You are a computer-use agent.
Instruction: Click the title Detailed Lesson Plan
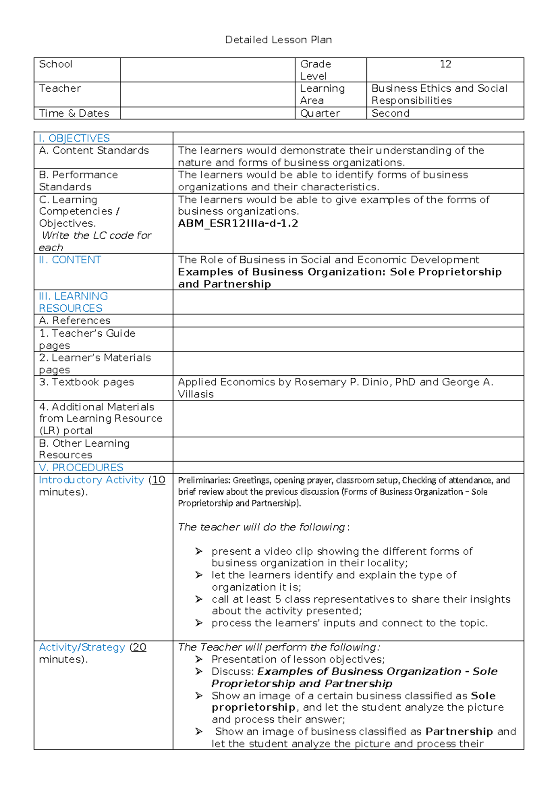click(278, 40)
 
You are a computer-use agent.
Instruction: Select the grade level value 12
click(445, 64)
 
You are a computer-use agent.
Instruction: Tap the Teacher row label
click(60, 88)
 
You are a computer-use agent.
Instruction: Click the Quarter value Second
click(390, 114)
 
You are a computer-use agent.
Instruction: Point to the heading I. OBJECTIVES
click(74, 138)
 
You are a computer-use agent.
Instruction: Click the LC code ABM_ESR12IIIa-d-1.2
click(238, 223)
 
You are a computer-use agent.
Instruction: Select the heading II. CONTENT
click(70, 260)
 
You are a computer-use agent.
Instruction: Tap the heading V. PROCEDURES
click(81, 468)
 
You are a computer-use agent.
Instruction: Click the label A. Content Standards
click(94, 151)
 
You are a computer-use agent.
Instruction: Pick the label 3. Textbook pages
click(86, 382)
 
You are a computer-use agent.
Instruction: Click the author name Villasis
click(196, 394)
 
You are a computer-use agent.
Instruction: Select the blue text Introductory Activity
click(91, 480)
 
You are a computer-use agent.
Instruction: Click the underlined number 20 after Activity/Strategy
click(139, 648)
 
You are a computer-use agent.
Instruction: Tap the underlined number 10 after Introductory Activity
click(159, 480)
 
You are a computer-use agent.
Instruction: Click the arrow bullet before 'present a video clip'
click(199, 551)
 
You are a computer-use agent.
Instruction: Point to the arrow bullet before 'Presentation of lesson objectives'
click(199, 659)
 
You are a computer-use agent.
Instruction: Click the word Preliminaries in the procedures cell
click(204, 480)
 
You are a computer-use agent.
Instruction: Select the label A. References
click(74, 321)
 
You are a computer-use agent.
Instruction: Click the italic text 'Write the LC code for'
click(96, 236)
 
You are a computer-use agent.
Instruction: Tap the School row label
click(55, 64)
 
